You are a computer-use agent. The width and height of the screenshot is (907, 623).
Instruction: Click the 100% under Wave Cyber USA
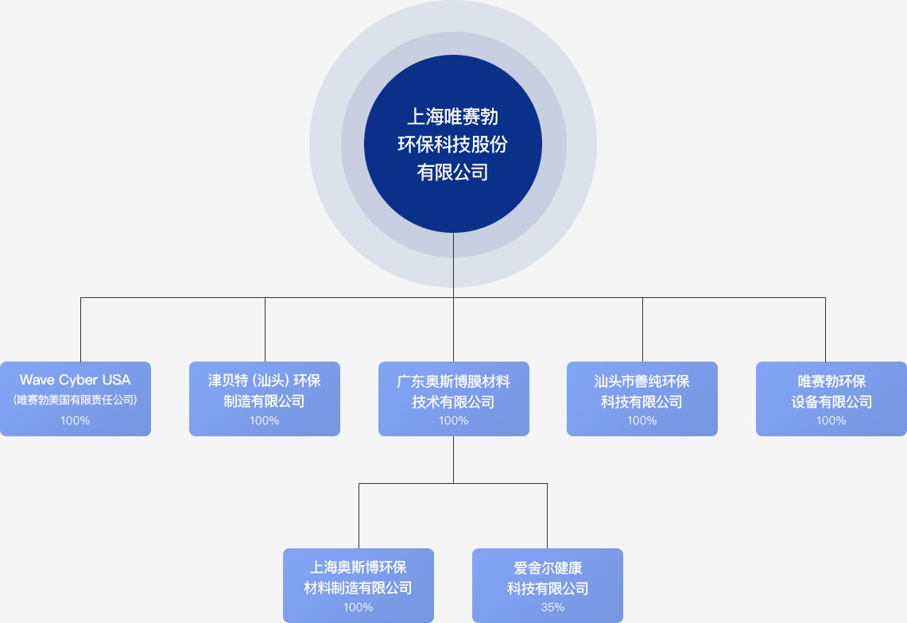click(x=76, y=420)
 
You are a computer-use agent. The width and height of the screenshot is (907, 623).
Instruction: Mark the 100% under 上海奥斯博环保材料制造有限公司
click(x=359, y=607)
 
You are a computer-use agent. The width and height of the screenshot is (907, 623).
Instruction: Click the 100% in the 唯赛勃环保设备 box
click(x=831, y=420)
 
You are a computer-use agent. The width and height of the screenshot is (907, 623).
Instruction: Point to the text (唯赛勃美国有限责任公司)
click(x=76, y=400)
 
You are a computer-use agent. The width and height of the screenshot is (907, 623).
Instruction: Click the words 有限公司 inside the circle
click(x=452, y=172)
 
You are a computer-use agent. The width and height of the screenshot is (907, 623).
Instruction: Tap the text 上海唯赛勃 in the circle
click(x=452, y=117)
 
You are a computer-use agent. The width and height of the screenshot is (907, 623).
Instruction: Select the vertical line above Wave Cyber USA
click(x=80, y=330)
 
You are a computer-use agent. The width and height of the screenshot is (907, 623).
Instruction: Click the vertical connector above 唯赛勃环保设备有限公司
click(x=825, y=330)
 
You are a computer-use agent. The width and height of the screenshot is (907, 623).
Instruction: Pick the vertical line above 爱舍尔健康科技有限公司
click(x=547, y=516)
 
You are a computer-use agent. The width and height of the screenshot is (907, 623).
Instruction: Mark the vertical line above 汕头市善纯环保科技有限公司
click(x=642, y=330)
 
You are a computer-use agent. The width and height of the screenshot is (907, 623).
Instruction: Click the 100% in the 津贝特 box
click(x=265, y=420)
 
